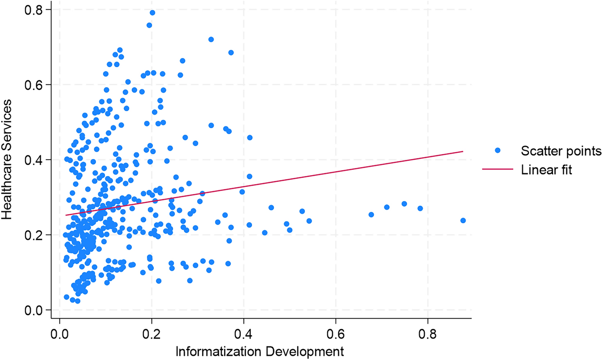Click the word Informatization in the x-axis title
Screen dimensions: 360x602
point(216,351)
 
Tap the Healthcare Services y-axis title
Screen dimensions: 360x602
point(7,160)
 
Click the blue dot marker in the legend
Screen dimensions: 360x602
point(498,150)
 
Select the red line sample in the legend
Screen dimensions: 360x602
point(498,170)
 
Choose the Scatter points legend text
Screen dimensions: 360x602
point(561,151)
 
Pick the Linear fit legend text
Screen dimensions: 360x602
point(547,170)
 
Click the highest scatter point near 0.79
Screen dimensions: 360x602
point(152,13)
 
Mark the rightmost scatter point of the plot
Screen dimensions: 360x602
point(463,221)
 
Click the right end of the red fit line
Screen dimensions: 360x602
point(463,151)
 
